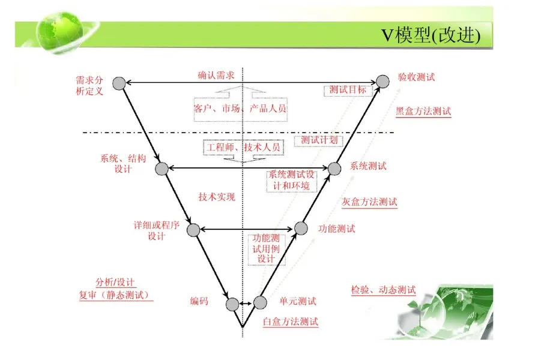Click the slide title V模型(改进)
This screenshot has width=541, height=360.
pyautogui.click(x=431, y=35)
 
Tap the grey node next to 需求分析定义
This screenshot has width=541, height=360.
pyautogui.click(x=119, y=83)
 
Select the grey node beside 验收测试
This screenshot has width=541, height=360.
pyautogui.click(x=382, y=82)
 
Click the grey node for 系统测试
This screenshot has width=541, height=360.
pyautogui.click(x=334, y=169)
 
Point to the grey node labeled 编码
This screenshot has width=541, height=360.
pyautogui.click(x=232, y=304)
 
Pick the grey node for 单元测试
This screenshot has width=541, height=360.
pyautogui.click(x=260, y=302)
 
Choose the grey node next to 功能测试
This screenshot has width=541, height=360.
pyautogui.click(x=301, y=228)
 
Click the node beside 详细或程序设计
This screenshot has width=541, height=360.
pyautogui.click(x=193, y=230)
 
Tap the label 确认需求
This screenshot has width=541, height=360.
pyautogui.click(x=216, y=75)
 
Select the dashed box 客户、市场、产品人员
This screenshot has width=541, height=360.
pyautogui.click(x=241, y=109)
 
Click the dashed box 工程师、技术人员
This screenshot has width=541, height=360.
pyautogui.click(x=244, y=147)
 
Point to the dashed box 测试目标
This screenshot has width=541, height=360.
pyautogui.click(x=348, y=90)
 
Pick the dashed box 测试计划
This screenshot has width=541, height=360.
pyautogui.click(x=318, y=140)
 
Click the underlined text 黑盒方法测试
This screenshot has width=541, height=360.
pyautogui.click(x=423, y=112)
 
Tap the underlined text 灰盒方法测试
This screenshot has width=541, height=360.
pyautogui.click(x=369, y=202)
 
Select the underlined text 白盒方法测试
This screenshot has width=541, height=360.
pyautogui.click(x=291, y=322)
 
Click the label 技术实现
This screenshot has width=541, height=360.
pyautogui.click(x=217, y=197)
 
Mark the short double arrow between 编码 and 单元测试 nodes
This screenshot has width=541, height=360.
pyautogui.click(x=246, y=304)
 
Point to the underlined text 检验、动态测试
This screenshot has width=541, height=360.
pyautogui.click(x=383, y=290)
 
